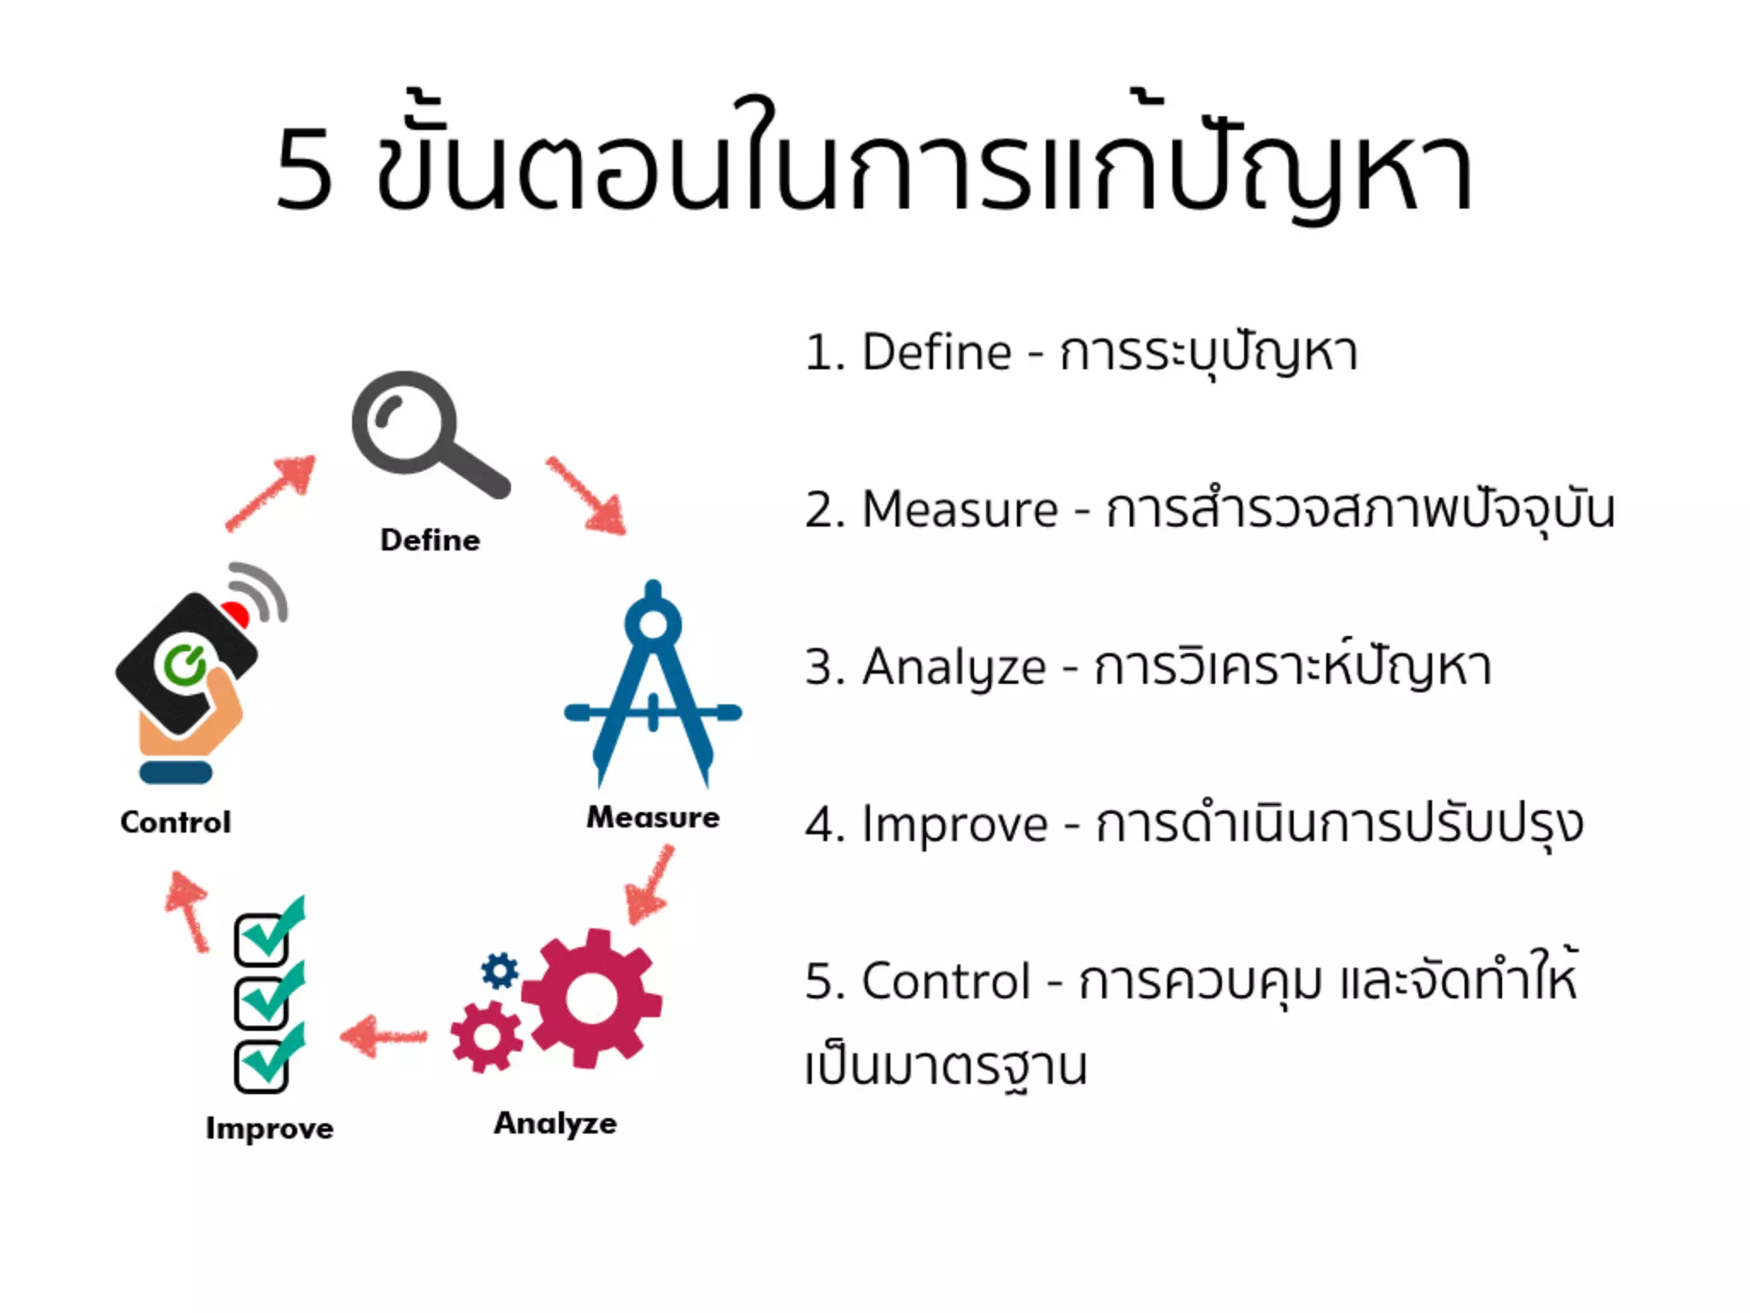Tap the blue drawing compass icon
click(x=654, y=684)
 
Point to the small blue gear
click(x=500, y=971)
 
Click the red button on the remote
click(x=234, y=613)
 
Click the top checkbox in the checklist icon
click(x=261, y=939)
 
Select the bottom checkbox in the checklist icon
click(x=261, y=1066)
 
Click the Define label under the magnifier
click(x=430, y=540)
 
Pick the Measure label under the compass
click(x=653, y=817)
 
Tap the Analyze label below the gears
click(x=555, y=1123)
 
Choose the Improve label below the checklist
click(x=269, y=1128)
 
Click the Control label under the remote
click(x=175, y=822)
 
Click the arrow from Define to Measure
click(x=588, y=496)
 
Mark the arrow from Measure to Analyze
click(x=649, y=884)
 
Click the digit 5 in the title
click(x=304, y=169)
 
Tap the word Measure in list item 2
click(x=960, y=509)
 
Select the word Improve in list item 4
click(x=954, y=824)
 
